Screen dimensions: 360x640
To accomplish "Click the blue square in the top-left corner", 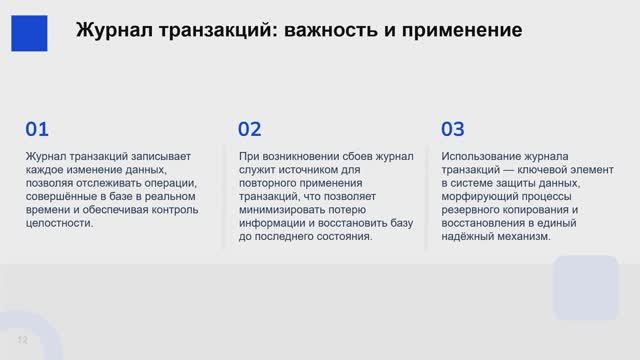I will (30, 30).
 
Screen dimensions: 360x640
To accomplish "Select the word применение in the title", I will (460, 30).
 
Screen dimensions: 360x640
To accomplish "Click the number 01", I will (37, 129).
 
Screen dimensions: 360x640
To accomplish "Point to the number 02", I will (250, 129).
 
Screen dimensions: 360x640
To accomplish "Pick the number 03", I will (453, 129).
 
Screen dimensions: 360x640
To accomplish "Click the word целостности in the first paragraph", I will (58, 224).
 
